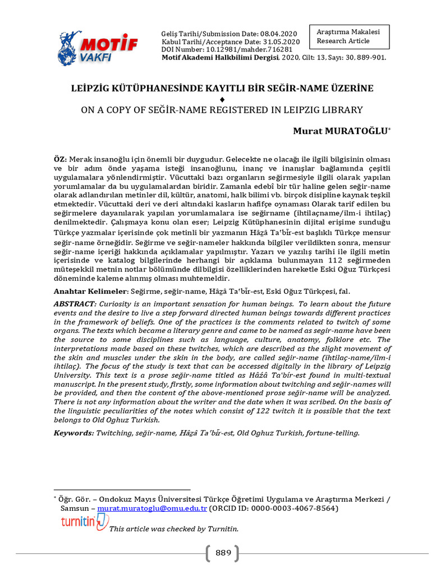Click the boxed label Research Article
(343, 41)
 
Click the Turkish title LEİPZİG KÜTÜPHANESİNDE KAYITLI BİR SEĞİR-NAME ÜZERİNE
(222, 89)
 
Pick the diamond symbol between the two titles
(222, 99)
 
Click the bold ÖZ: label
(60, 160)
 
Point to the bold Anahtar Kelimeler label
(90, 291)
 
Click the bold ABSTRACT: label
(75, 304)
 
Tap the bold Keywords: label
(74, 433)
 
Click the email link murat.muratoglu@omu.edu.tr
(153, 508)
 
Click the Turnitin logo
(84, 522)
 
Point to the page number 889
(223, 553)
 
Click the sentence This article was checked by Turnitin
(174, 529)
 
